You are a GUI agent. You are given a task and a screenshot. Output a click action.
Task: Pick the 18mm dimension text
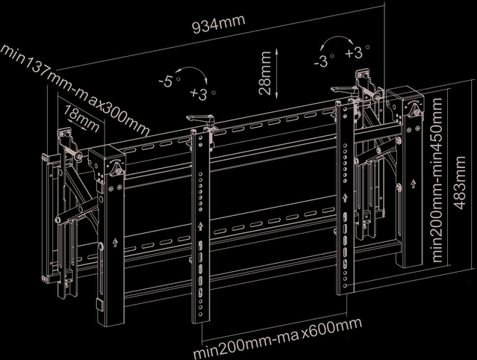click(81, 116)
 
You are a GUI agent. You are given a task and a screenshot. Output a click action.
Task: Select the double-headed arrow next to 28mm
click(276, 75)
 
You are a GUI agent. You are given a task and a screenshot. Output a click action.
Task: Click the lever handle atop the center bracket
click(200, 120)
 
